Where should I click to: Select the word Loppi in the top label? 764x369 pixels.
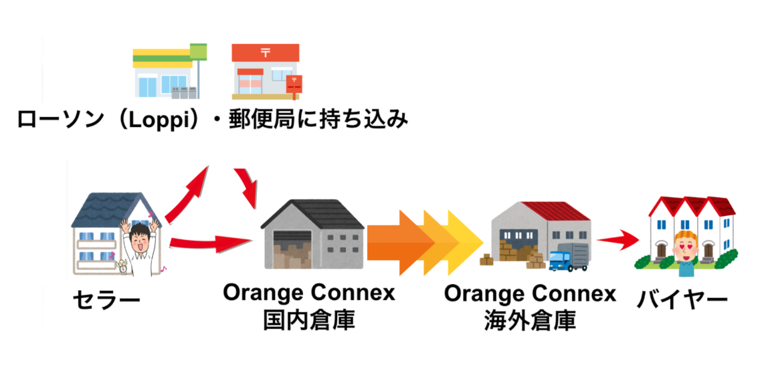coord(163,120)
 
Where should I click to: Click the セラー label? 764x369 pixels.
coord(107,300)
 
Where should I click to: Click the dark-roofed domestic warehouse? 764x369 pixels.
coord(312,234)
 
